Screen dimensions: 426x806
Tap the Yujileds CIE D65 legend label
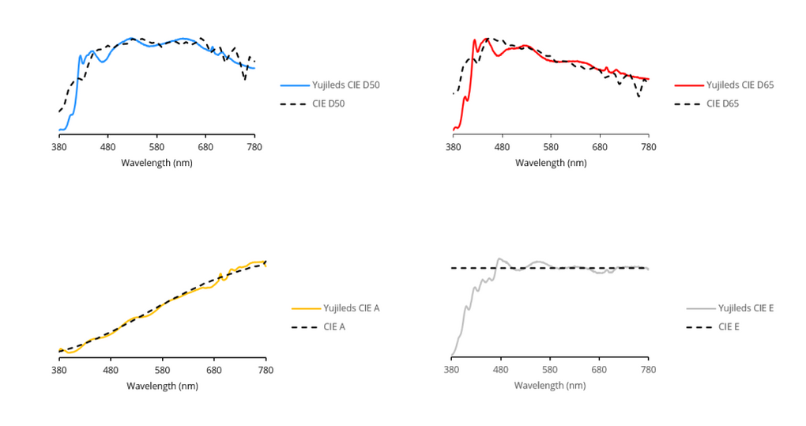pos(739,85)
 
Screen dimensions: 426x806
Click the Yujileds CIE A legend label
pos(352,307)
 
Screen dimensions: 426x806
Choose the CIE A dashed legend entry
pos(334,326)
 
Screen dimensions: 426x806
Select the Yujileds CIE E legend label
pos(745,307)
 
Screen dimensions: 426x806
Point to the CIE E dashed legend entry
pos(728,326)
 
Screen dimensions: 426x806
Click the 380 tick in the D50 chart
pos(59,148)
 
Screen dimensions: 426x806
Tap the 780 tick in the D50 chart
pos(254,148)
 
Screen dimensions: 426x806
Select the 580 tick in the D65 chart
pos(551,148)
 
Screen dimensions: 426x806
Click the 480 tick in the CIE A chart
pos(111,370)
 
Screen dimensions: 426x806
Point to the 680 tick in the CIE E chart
pos(599,370)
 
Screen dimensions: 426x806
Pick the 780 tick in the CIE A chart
pos(266,370)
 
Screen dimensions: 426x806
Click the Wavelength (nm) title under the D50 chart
pos(156,162)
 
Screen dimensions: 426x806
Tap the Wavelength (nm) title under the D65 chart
pos(551,162)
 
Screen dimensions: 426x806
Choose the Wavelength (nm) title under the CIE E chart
pos(550,385)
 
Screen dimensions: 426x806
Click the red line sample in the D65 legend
pos(687,85)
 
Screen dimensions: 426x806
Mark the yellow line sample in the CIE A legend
pos(305,307)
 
